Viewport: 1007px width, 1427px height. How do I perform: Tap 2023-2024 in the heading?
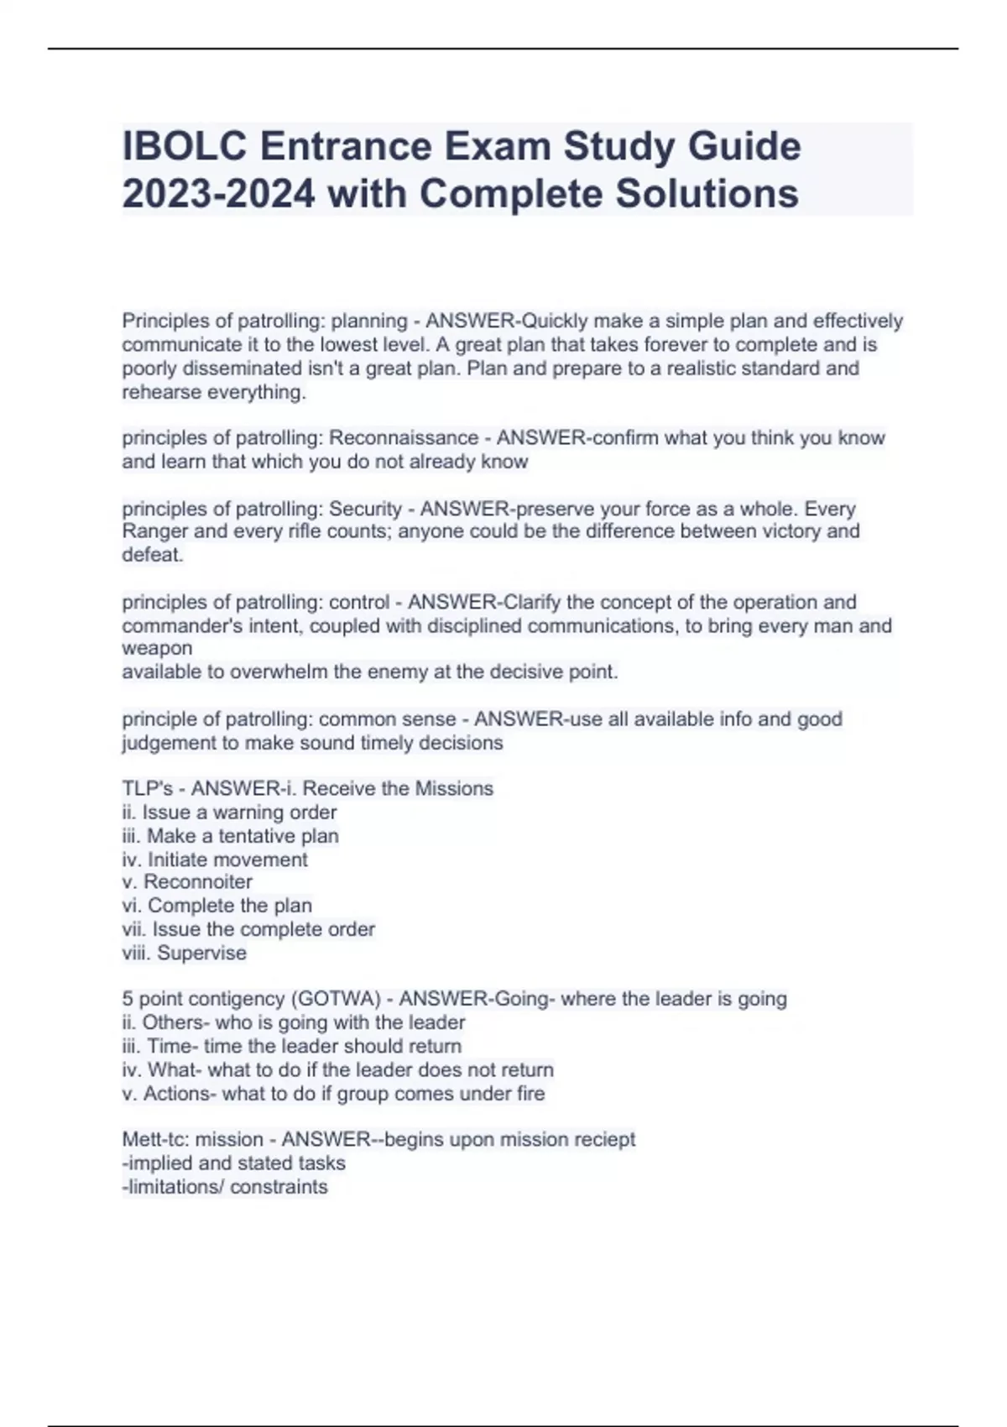tap(219, 195)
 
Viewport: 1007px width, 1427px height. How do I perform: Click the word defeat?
tap(153, 555)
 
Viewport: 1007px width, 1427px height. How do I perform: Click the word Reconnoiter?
tap(198, 882)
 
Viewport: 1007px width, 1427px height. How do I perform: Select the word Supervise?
tap(201, 954)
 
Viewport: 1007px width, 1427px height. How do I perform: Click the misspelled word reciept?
tap(603, 1140)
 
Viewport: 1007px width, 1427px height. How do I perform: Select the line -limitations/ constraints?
tap(225, 1187)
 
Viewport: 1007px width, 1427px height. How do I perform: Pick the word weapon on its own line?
tap(157, 648)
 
